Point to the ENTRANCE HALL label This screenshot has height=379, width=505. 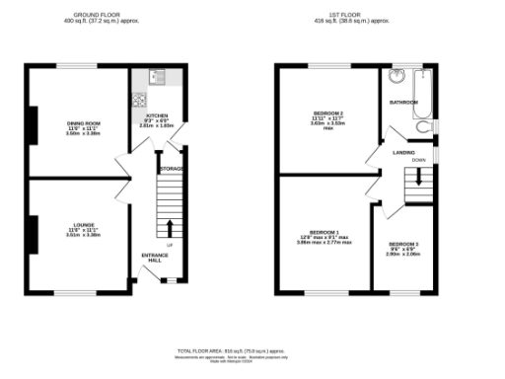point(155,258)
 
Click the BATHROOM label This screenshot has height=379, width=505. point(403,102)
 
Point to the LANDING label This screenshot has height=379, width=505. point(403,153)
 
